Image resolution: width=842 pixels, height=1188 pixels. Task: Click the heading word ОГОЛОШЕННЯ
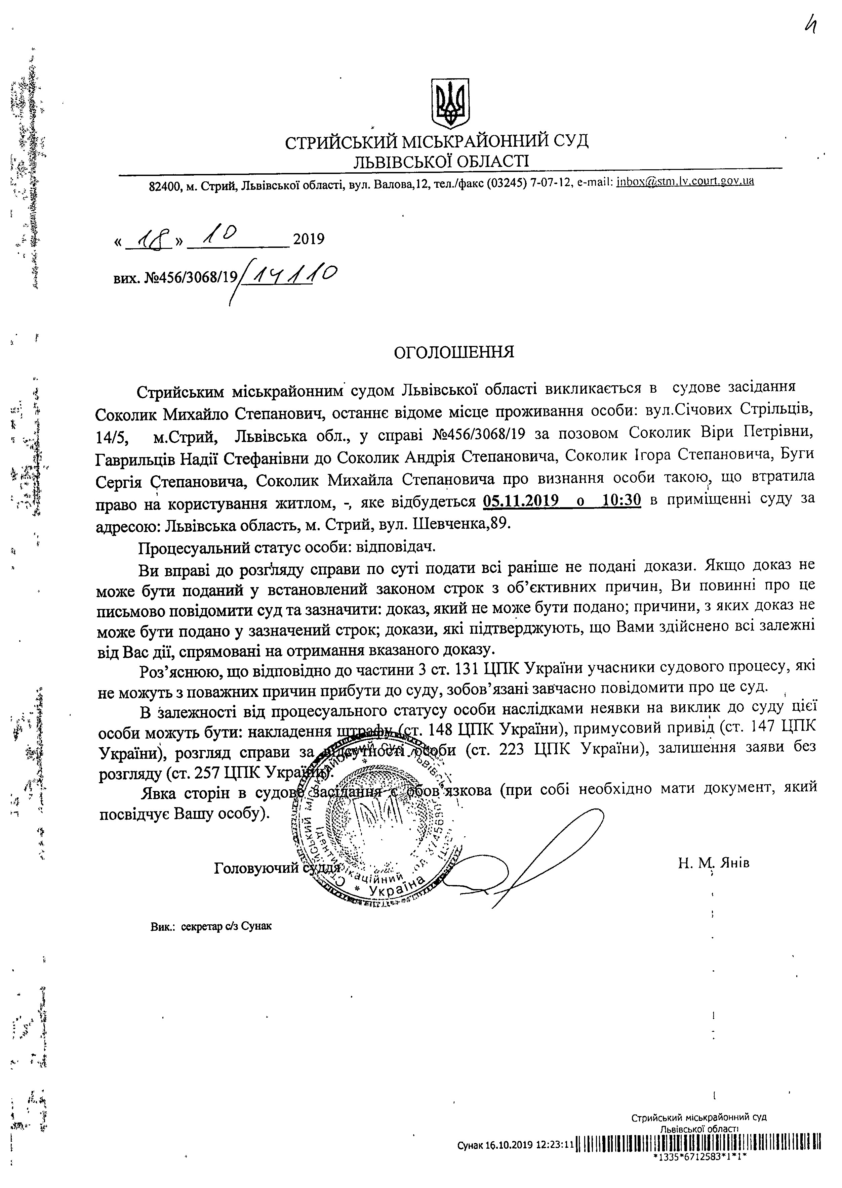pos(454,352)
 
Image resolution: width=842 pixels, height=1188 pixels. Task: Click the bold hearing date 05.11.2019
pos(521,500)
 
